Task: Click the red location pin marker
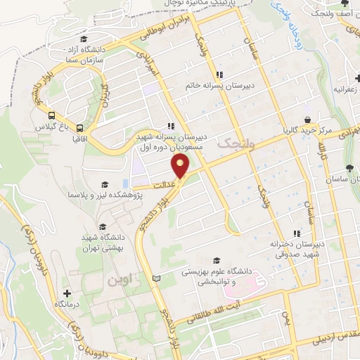(181, 167)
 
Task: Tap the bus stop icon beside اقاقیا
(79, 129)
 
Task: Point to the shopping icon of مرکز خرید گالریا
(307, 120)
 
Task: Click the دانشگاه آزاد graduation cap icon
(84, 39)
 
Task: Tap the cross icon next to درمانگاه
(67, 292)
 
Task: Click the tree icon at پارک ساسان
(349, 167)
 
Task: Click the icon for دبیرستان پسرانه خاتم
(219, 75)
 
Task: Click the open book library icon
(156, 280)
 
